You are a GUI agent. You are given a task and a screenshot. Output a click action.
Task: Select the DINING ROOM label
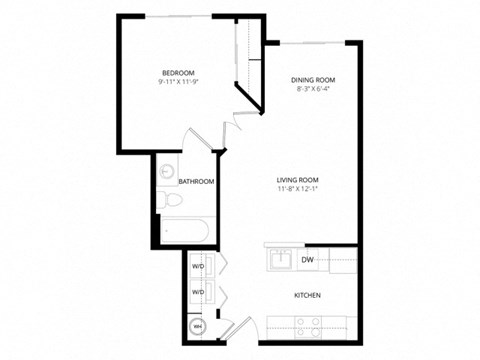(x=312, y=79)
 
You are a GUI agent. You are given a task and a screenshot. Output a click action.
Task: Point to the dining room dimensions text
(x=312, y=89)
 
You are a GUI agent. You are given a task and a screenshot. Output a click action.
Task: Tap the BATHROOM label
(x=196, y=182)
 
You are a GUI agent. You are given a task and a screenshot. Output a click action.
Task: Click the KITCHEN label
(x=307, y=296)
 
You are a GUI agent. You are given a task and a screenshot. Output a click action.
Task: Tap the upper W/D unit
(x=198, y=267)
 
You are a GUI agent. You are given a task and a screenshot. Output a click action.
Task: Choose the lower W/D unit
(x=198, y=292)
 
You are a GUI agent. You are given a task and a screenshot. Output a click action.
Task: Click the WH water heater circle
(x=197, y=326)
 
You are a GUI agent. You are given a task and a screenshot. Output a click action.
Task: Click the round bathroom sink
(x=167, y=170)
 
